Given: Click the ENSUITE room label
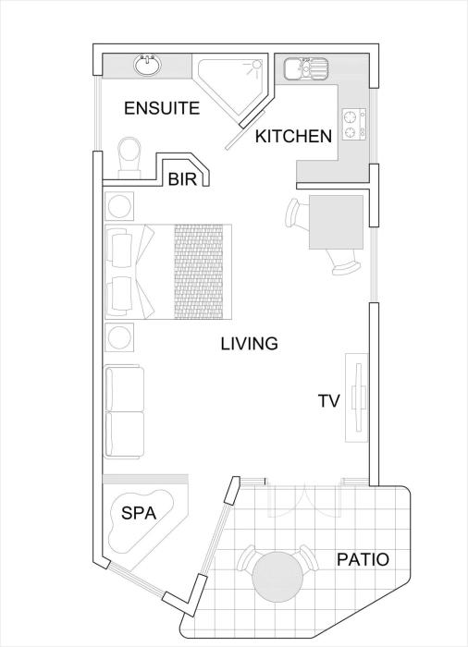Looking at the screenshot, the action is (162, 108).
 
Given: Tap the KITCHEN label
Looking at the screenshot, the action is (294, 136).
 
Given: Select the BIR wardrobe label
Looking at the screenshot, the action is (182, 179).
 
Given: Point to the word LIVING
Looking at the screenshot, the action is (249, 343).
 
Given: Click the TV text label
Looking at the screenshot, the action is (328, 400).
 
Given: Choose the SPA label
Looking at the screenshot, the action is (139, 513).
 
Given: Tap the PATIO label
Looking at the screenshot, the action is (363, 559).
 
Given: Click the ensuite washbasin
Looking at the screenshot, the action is (147, 66).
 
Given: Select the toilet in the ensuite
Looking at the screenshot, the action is (129, 158).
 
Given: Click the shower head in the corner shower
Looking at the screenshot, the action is (256, 65).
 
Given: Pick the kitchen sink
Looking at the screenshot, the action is (305, 68).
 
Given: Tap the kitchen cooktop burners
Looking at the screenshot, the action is (353, 123).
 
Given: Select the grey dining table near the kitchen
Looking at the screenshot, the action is (337, 222).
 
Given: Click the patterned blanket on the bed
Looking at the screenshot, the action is (199, 272).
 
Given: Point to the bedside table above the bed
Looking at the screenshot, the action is (120, 205).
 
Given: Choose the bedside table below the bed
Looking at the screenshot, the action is (120, 337).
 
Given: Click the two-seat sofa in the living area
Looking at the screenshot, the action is (125, 411).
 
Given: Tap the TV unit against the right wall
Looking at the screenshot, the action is (356, 397).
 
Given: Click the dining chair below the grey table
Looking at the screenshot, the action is (343, 262).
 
